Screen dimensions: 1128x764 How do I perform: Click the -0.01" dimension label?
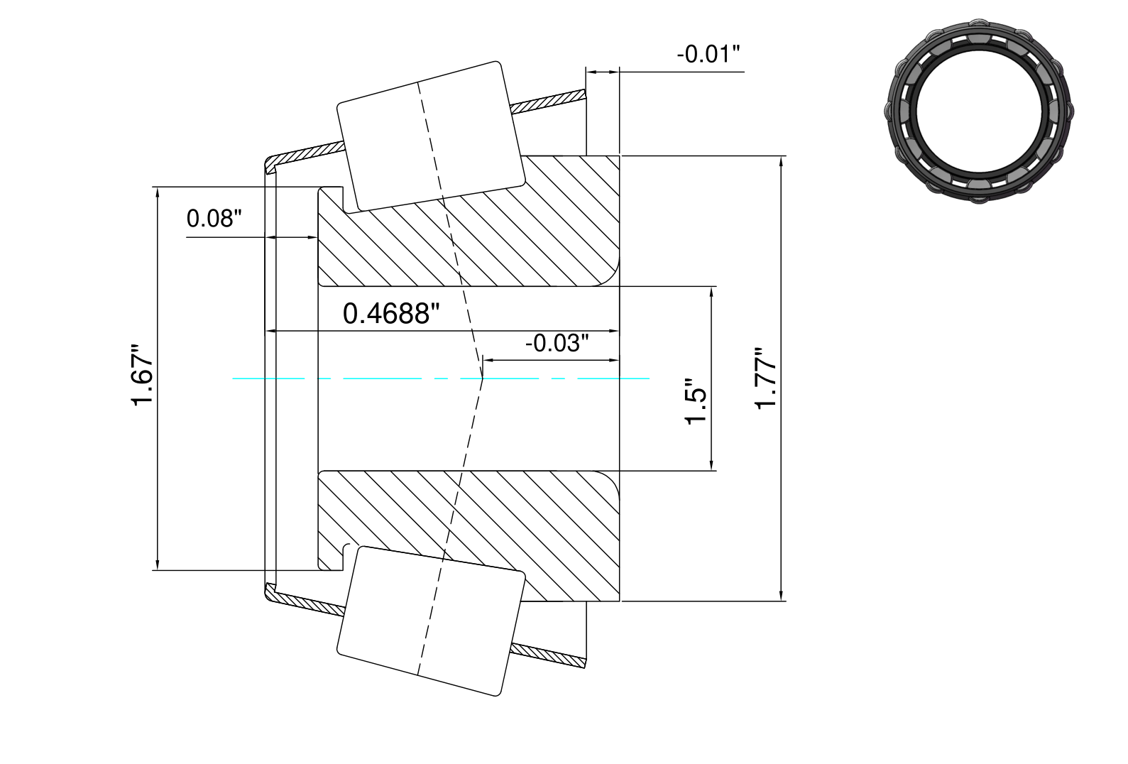708,54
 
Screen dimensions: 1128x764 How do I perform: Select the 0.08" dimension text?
214,219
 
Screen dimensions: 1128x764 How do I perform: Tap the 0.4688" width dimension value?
391,313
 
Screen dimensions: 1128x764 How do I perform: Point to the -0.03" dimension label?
557,343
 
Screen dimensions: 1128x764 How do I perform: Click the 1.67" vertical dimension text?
142,375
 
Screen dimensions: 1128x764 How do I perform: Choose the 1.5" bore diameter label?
696,401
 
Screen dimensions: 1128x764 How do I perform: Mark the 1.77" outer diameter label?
765,378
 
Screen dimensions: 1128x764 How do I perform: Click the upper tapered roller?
431,136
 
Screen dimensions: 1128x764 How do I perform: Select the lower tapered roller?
431,621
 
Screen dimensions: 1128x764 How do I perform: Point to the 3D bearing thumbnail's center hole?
979,111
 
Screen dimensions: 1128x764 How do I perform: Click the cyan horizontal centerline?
441,378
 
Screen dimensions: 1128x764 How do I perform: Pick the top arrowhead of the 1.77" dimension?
781,160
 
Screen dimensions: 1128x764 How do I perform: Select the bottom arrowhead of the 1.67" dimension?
158,565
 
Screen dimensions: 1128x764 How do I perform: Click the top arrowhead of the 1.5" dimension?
711,292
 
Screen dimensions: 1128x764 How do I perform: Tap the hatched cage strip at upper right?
549,100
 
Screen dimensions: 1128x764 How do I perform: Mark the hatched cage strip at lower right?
549,656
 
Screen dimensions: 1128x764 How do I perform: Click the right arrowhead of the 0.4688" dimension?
614,332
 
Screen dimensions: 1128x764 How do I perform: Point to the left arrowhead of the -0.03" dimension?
488,360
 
